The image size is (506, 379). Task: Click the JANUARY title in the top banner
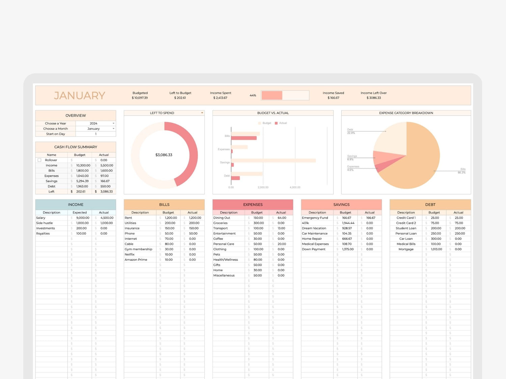[x=80, y=96]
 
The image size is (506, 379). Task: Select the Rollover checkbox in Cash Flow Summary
[x=39, y=160]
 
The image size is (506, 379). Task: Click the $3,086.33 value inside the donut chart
[x=164, y=155]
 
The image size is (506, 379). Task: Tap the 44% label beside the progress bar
[x=253, y=95]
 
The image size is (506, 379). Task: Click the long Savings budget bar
[x=273, y=161]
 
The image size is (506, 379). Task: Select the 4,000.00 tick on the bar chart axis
[x=295, y=187]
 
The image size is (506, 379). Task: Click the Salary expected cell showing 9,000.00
[x=83, y=218]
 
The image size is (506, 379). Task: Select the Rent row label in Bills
[x=129, y=218]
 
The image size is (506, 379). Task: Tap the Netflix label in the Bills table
[x=130, y=255]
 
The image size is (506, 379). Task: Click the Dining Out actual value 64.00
[x=282, y=218]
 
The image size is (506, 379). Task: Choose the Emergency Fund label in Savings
[x=315, y=218]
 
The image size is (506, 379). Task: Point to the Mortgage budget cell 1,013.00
[x=436, y=249]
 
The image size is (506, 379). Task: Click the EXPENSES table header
[x=253, y=204]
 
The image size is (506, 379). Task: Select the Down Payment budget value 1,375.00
[x=348, y=249]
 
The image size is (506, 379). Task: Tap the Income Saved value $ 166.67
[x=333, y=98]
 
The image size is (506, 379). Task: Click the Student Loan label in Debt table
[x=406, y=228]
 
